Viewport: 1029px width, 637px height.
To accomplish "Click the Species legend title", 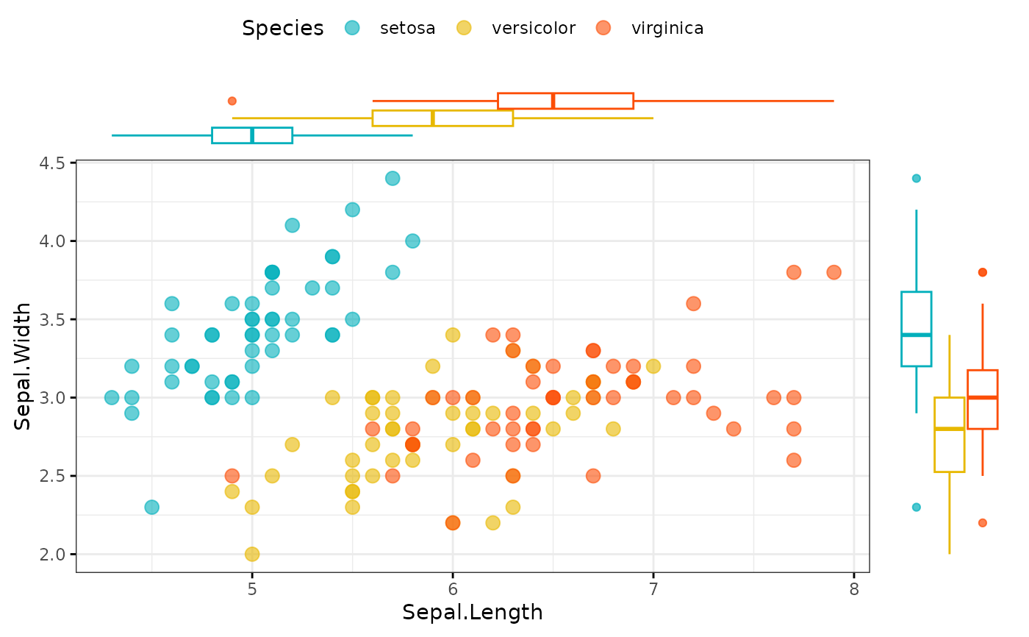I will (283, 28).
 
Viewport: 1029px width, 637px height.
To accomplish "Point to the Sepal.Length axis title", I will (472, 612).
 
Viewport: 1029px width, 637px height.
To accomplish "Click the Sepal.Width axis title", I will (23, 366).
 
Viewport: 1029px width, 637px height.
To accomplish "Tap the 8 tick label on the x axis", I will (853, 590).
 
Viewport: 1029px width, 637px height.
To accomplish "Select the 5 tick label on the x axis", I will (252, 590).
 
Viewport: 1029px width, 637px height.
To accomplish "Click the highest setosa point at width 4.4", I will (392, 178).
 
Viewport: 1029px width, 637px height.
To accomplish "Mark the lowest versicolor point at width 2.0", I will (252, 554).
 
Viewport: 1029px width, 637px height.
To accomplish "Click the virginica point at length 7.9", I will (833, 272).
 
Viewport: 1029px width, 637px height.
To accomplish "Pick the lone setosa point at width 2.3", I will (152, 507).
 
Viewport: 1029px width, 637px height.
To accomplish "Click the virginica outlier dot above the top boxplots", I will (232, 101).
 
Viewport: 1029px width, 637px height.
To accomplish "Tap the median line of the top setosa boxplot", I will (252, 135).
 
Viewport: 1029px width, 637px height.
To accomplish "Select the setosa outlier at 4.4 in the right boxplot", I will (916, 178).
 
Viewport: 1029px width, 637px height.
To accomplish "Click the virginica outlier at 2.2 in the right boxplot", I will (982, 523).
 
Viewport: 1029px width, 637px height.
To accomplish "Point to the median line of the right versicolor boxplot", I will (949, 429).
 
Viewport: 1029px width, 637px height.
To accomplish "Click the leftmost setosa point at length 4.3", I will (112, 397).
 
